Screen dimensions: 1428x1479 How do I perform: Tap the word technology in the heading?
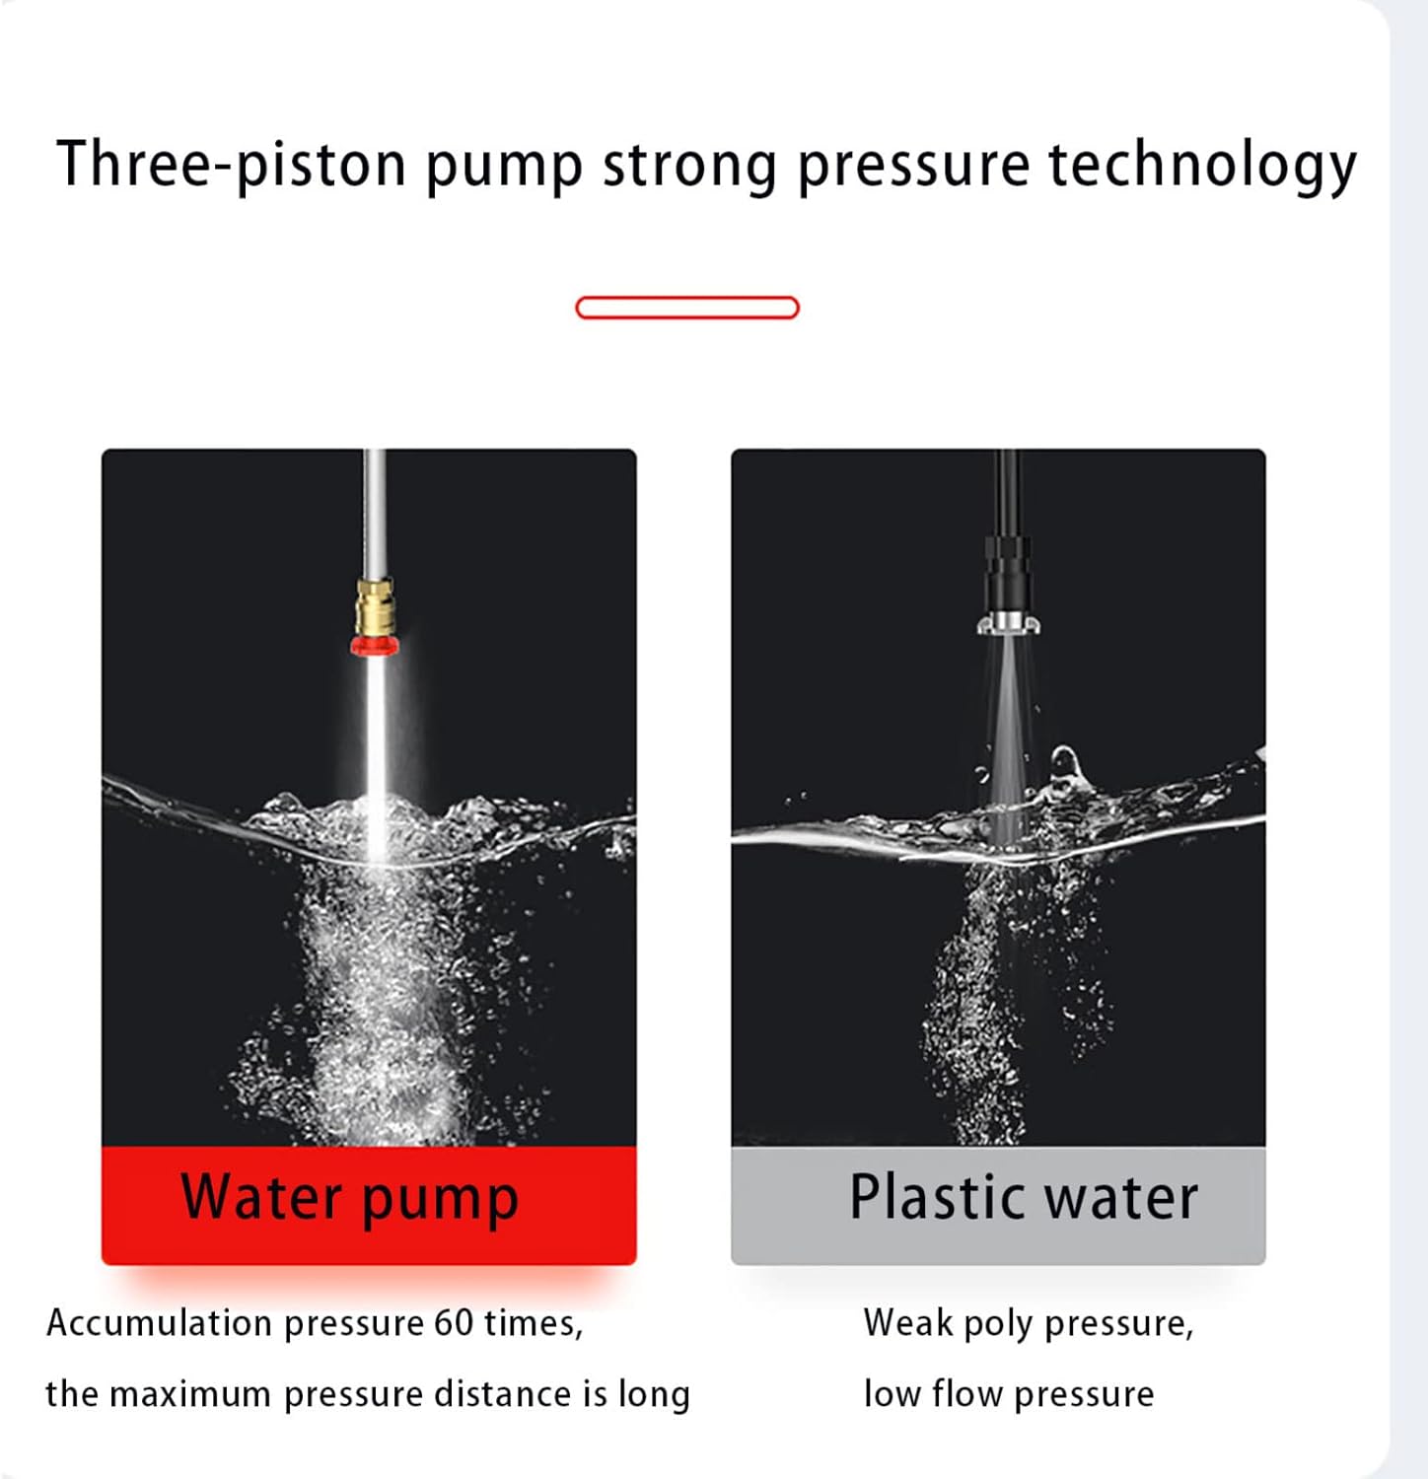pyautogui.click(x=1203, y=166)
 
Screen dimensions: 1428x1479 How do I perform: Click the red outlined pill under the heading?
pyautogui.click(x=687, y=308)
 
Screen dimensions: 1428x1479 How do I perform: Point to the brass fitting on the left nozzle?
pyautogui.click(x=375, y=607)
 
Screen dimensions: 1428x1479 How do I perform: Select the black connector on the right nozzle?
pyautogui.click(x=1007, y=573)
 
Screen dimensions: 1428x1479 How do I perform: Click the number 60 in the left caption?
pyautogui.click(x=455, y=1323)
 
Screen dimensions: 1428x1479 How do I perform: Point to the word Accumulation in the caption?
pyautogui.click(x=159, y=1323)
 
